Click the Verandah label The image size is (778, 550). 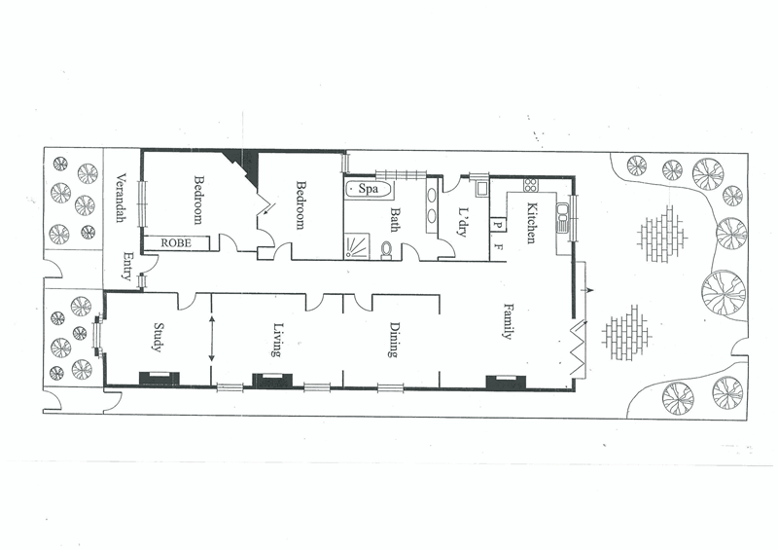coord(121,199)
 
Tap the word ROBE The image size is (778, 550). coord(175,242)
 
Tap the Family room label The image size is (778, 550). coord(508,321)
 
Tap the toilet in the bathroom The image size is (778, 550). coord(388,249)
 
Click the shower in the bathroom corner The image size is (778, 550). coord(356,245)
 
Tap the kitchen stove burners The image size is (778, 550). coord(531,185)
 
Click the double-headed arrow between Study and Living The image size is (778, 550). coord(212,336)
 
